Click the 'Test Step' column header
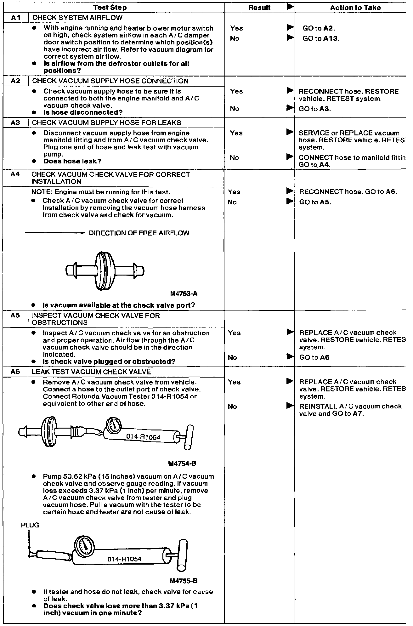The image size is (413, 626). pyautogui.click(x=110, y=7)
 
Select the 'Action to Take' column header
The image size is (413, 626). pyautogui.click(x=355, y=7)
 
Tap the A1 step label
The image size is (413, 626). pyautogui.click(x=15, y=17)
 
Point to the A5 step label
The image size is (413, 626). pyautogui.click(x=15, y=315)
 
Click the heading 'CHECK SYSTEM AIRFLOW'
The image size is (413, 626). pyautogui.click(x=77, y=18)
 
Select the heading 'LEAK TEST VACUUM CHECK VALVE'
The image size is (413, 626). pyautogui.click(x=91, y=372)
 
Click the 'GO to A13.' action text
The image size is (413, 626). pyautogui.click(x=321, y=38)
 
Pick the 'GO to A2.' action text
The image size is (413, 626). pyautogui.click(x=319, y=28)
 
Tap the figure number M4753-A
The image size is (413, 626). pyautogui.click(x=184, y=294)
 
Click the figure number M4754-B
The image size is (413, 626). pyautogui.click(x=183, y=464)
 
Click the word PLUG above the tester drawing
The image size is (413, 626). pyautogui.click(x=30, y=525)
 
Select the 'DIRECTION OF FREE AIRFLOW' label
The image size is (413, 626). pyautogui.click(x=139, y=233)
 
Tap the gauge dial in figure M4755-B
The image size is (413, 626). pyautogui.click(x=84, y=548)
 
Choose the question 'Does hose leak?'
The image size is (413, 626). pyautogui.click(x=72, y=161)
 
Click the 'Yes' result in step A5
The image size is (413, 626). pyautogui.click(x=234, y=333)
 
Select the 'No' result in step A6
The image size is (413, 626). pyautogui.click(x=232, y=407)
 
